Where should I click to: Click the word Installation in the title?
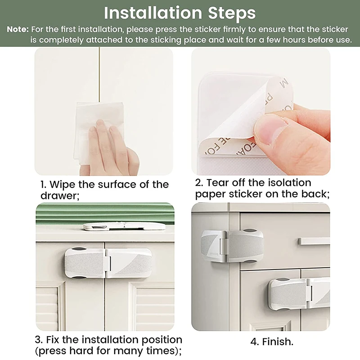point(153,13)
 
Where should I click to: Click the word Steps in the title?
point(232,13)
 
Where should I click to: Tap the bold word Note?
point(18,29)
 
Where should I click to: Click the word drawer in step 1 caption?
point(59,195)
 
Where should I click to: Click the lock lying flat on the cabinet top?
point(124,226)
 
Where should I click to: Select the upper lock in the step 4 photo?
point(232,246)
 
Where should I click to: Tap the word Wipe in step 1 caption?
point(63,185)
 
